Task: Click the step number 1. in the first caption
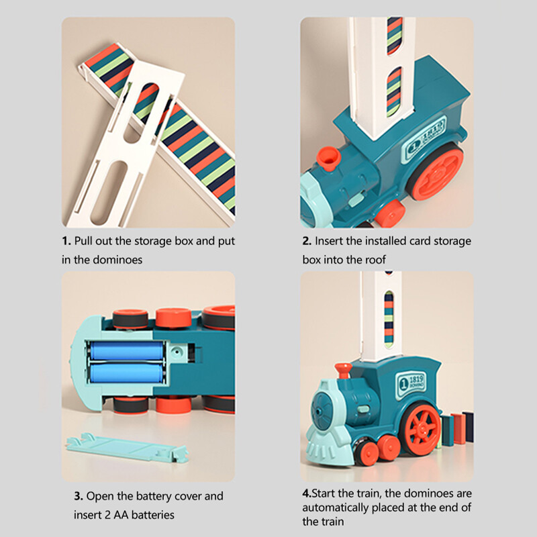click(x=66, y=241)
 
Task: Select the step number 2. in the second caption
click(x=307, y=241)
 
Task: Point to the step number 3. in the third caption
click(x=79, y=496)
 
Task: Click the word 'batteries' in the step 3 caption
click(x=153, y=515)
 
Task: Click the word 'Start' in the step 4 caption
click(x=324, y=493)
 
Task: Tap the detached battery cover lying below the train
click(x=128, y=448)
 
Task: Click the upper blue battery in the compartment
click(x=127, y=350)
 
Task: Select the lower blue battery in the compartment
click(x=126, y=374)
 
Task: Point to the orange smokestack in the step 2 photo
click(x=328, y=159)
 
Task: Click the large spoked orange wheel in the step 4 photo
click(x=420, y=429)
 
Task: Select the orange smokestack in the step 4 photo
click(x=344, y=371)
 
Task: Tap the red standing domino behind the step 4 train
click(x=459, y=428)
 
